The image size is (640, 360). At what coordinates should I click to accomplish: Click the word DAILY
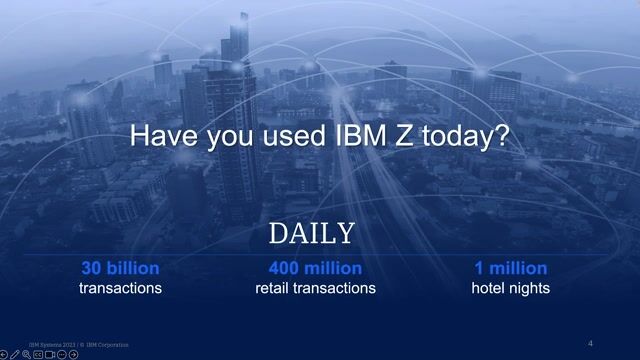tap(311, 234)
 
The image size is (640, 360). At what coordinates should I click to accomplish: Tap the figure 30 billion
tap(120, 268)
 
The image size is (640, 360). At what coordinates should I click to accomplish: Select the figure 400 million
tap(315, 268)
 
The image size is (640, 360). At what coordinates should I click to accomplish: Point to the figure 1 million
tap(510, 268)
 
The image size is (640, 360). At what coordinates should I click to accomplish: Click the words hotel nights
tap(510, 288)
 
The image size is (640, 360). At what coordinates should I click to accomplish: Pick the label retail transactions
tap(315, 288)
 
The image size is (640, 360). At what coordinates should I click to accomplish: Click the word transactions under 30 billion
tap(120, 288)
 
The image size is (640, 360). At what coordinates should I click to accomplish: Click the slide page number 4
tap(590, 344)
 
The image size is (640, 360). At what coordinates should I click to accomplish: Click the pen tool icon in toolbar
tap(14, 354)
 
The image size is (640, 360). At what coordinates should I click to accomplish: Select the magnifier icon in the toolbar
tap(26, 354)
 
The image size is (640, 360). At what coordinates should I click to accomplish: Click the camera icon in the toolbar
tap(50, 354)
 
